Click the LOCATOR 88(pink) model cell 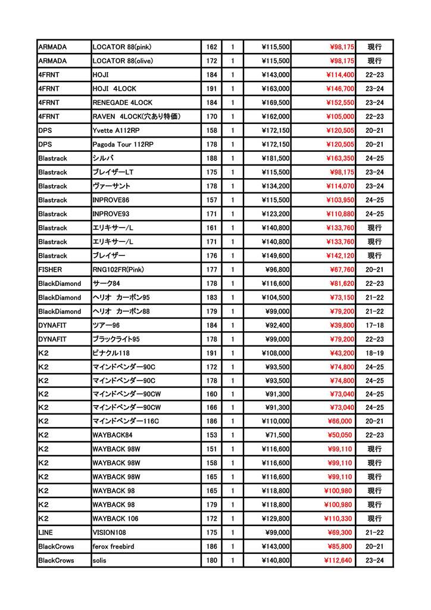(x=121, y=46)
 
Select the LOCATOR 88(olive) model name (x=122, y=61)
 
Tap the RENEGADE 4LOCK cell (x=122, y=102)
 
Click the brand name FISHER (x=50, y=269)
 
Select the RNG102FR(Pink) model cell (x=118, y=269)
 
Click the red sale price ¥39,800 (x=342, y=325)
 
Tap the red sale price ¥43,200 (x=342, y=353)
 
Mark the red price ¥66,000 (x=342, y=421)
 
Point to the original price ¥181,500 (x=275, y=158)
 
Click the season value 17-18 (x=374, y=325)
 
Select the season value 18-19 (x=374, y=353)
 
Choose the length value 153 (x=211, y=435)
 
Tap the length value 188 (x=211, y=158)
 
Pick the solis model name (x=100, y=561)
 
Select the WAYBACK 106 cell (x=115, y=518)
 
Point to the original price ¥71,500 (x=277, y=435)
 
